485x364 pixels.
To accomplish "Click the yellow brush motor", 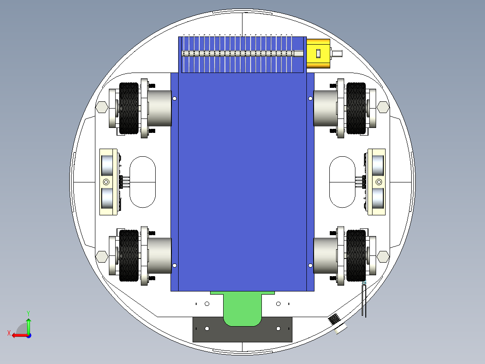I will pos(318,54).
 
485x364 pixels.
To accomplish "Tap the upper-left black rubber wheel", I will pos(129,108).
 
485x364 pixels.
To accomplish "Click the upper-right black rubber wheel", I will pos(356,108).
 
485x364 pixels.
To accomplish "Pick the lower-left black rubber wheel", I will pos(129,255).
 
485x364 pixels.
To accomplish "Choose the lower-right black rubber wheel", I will pos(356,255).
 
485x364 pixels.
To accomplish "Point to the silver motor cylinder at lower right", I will pos(325,255).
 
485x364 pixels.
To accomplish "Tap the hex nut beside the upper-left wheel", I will pos(102,107).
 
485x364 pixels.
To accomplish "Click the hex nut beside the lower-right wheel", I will pos(383,256).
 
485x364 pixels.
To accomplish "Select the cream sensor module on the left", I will pos(108,182).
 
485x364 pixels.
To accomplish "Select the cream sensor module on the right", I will pos(377,182).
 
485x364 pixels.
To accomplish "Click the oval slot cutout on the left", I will pos(143,182).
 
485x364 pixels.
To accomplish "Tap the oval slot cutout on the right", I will pos(342,182).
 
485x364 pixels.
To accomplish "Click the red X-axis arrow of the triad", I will pos(17,335).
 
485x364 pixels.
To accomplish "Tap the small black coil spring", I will pos(334,319).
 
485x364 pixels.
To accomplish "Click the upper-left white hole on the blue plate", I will pos(175,99).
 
